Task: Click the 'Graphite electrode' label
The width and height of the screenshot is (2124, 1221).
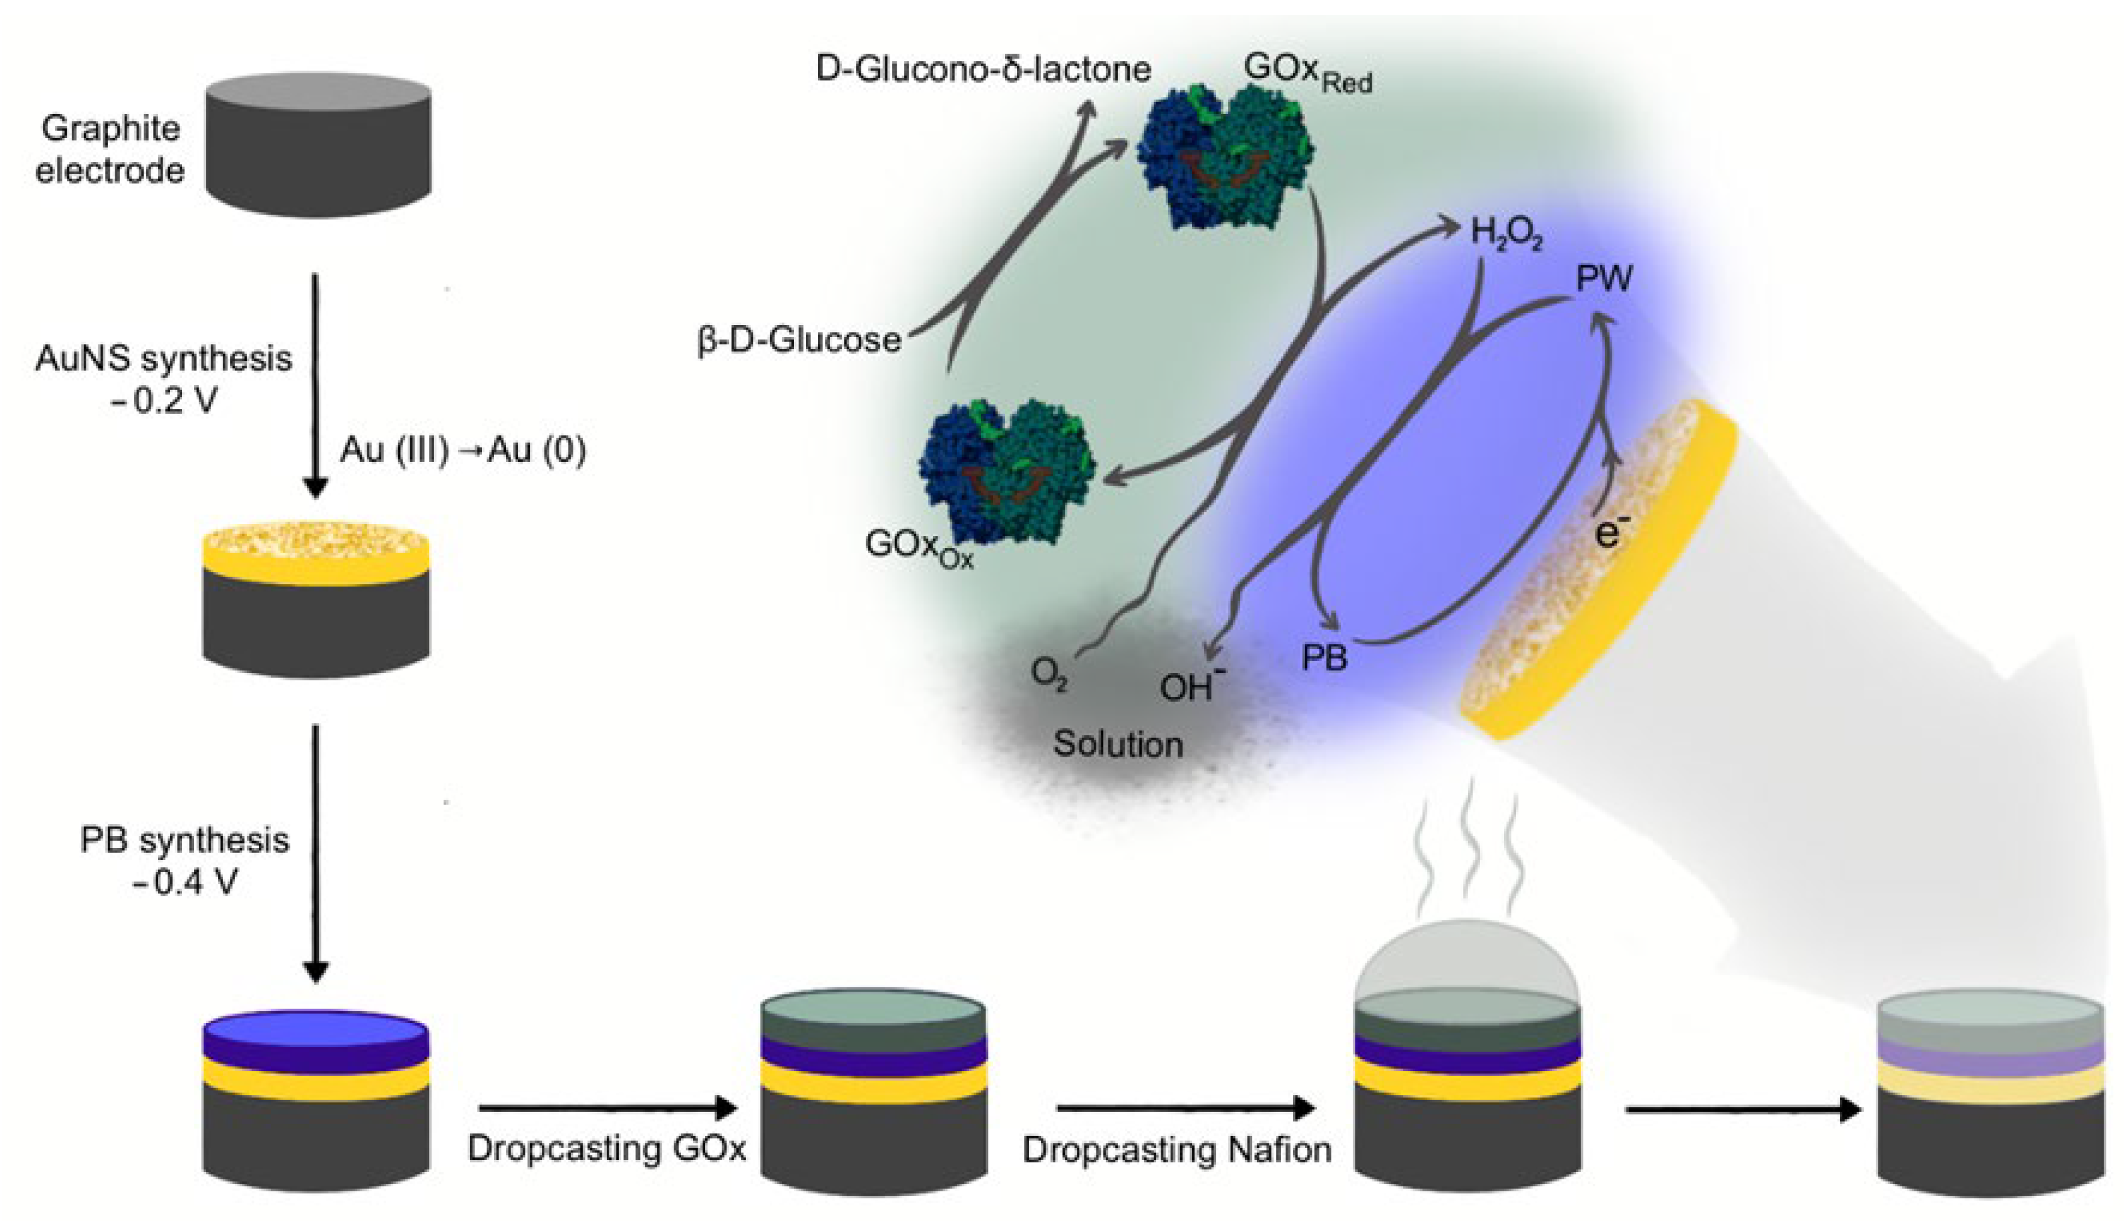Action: (x=110, y=149)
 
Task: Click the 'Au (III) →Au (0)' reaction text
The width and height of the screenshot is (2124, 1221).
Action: (x=463, y=450)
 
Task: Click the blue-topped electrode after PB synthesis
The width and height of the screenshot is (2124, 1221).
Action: (x=316, y=1099)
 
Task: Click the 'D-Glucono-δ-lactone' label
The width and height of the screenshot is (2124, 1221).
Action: (x=983, y=69)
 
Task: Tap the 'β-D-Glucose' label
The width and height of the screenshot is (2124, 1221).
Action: (x=799, y=340)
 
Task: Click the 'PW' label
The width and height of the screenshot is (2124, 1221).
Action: (x=1604, y=278)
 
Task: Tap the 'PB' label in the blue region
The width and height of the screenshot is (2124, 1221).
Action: (x=1324, y=656)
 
